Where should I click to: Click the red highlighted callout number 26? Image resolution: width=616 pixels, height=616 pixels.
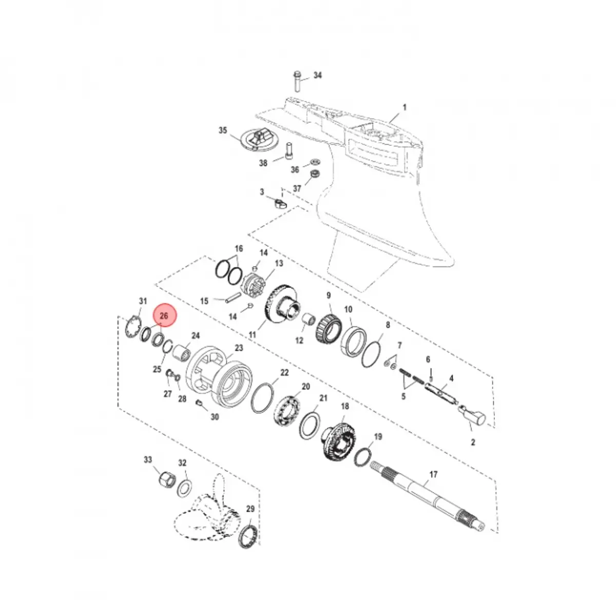point(164,316)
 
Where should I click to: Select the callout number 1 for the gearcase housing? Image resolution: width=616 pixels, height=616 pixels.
point(405,107)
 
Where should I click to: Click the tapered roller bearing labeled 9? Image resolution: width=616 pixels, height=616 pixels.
point(329,326)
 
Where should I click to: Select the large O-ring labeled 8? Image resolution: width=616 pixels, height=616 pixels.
point(371,355)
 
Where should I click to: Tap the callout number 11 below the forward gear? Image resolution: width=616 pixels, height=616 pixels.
point(253,335)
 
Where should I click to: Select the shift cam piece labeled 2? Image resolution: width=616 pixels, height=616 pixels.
point(472,416)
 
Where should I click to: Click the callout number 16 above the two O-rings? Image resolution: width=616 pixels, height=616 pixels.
point(239,248)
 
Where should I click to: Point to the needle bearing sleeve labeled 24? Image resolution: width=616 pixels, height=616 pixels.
point(181,352)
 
